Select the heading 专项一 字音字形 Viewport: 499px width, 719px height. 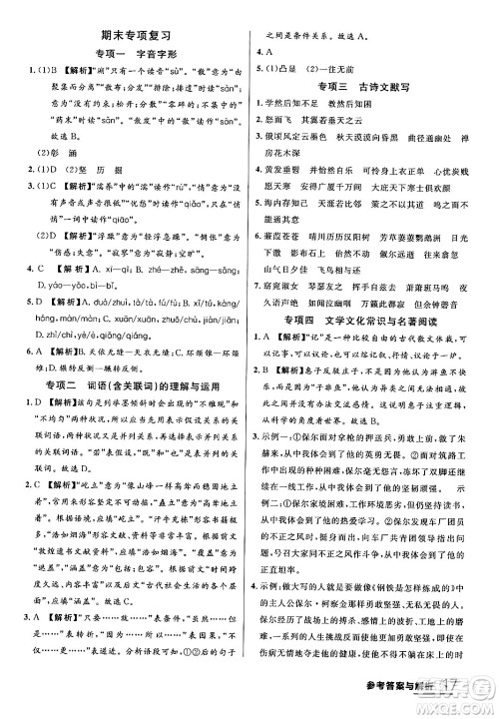coord(123,53)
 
